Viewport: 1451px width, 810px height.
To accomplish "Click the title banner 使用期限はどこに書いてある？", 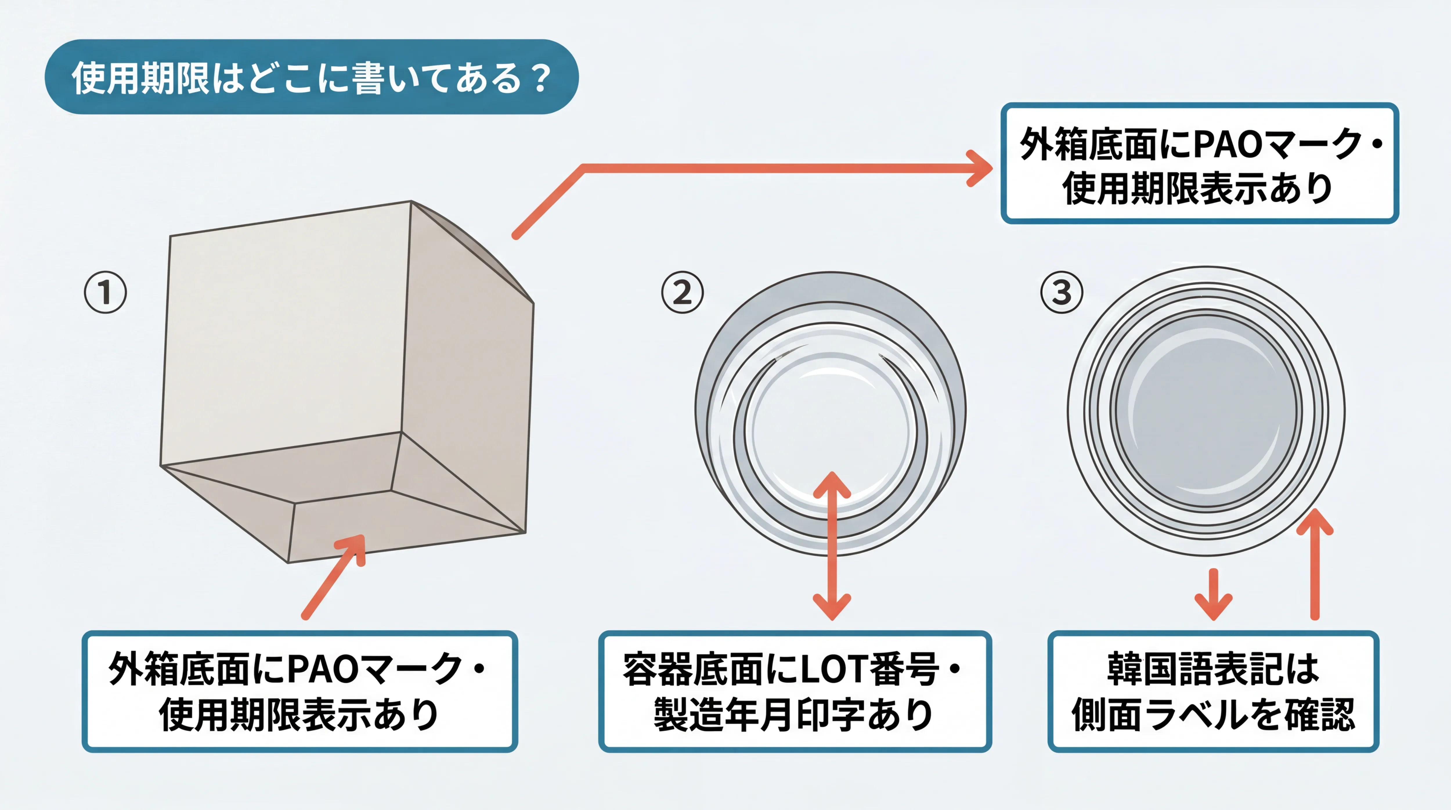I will pos(311,77).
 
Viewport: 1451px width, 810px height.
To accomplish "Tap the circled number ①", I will pos(105,292).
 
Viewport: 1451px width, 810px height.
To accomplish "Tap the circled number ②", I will pos(682,292).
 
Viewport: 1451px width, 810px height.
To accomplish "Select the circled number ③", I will pos(1061,292).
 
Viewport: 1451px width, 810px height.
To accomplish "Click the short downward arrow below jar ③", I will pos(1213,595).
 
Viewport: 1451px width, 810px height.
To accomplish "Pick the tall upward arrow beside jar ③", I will pos(1315,564).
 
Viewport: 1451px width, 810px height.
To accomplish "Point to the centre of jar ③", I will pos(1207,410).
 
